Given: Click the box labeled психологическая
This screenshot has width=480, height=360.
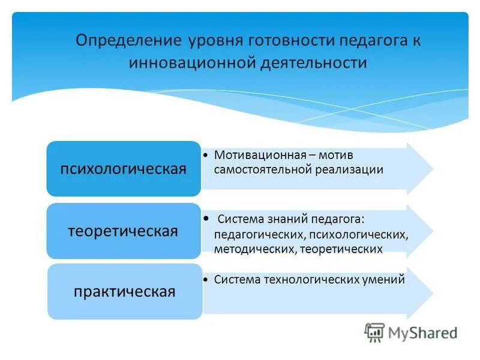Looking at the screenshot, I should coord(124,169).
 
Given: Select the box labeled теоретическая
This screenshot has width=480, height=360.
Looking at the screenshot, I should coord(124,231).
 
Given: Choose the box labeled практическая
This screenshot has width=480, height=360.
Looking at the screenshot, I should coord(124,292).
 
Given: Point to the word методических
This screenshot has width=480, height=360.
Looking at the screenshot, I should coord(253,248).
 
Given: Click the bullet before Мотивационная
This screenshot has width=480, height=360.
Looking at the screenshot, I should coord(206,155).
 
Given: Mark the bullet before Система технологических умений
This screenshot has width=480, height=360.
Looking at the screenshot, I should coord(206,280).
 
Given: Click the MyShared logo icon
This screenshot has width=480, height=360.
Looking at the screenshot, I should coord(374,332).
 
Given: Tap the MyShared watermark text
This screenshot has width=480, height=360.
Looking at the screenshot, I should coord(423,332).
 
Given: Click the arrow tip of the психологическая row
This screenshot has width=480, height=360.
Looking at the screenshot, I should coord(430,168).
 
